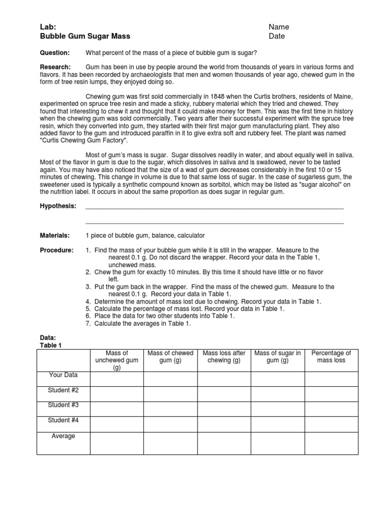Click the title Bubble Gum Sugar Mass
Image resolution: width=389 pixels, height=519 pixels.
(85, 36)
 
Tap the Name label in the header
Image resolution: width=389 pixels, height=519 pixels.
(279, 27)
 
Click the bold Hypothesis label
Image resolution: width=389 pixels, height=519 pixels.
(58, 206)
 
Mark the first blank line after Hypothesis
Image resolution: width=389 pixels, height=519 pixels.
(214, 208)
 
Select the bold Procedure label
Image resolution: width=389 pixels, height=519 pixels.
(57, 250)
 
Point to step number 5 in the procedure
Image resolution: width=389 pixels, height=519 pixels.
(88, 309)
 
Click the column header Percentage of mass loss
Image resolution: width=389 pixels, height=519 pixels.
(331, 357)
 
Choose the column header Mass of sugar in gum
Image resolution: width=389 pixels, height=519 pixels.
(278, 357)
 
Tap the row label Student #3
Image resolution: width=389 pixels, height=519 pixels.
(63, 405)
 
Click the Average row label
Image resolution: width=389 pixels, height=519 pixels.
(63, 436)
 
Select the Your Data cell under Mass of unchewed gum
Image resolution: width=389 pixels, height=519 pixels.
(116, 379)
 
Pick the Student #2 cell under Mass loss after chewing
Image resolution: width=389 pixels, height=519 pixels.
(224, 393)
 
